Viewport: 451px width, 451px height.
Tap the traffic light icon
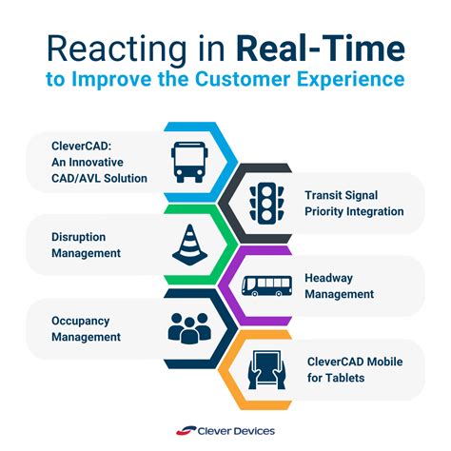point(261,203)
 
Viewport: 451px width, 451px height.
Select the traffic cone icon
point(188,245)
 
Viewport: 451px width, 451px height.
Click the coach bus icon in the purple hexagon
point(261,284)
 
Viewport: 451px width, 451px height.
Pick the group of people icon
point(188,325)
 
